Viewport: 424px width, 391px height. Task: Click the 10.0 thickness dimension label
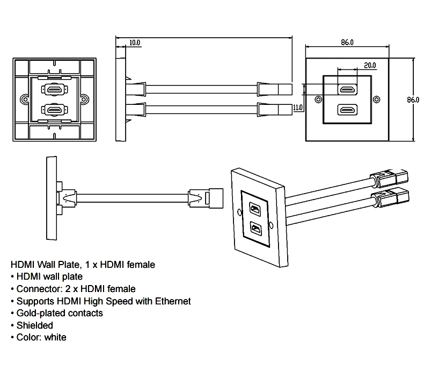tap(134, 42)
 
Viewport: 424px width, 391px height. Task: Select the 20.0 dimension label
tap(369, 65)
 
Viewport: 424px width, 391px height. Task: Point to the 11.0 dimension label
tap(298, 108)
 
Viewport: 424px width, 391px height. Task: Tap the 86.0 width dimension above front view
tap(348, 42)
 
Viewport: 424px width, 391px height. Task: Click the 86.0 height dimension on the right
tap(413, 100)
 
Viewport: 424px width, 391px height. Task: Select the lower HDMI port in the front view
tap(347, 110)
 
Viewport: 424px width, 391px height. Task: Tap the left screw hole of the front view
tap(319, 99)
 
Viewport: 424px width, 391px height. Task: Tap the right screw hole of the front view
tap(376, 99)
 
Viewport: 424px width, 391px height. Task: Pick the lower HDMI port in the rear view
tap(54, 110)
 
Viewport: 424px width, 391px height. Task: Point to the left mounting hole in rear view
tap(24, 100)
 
